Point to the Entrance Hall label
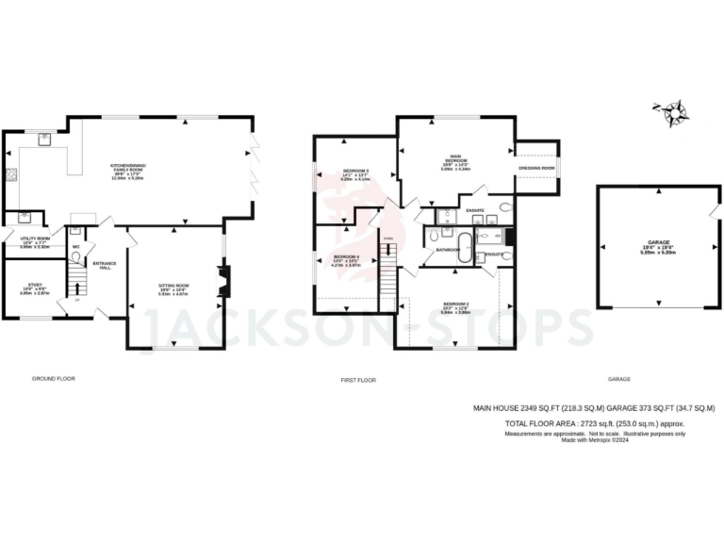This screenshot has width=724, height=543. pos(104,265)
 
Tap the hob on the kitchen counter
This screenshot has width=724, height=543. pos(12,173)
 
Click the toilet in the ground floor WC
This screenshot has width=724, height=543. pos(74,231)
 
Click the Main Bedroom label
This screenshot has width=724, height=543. pos(455,160)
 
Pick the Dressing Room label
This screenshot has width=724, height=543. pos(536,169)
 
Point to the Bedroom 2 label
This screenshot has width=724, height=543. pos(456,307)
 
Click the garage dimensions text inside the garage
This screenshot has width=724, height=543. pos(645,250)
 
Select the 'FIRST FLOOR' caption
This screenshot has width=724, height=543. pos(358,380)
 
